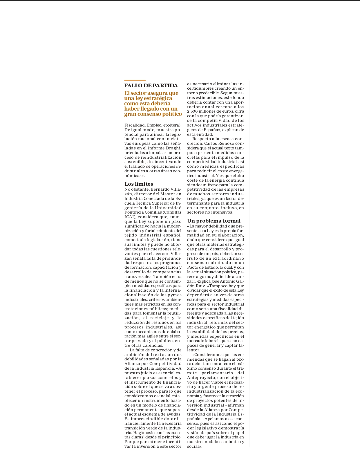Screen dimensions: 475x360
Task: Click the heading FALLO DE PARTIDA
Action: coord(151,86)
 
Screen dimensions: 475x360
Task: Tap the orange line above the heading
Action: coord(135,80)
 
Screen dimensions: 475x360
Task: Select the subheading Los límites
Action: coord(139,184)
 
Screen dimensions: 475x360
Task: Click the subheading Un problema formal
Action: coord(214,221)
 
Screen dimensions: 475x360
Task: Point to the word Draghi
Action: coord(173,148)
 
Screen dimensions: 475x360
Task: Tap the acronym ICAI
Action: coord(129,217)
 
